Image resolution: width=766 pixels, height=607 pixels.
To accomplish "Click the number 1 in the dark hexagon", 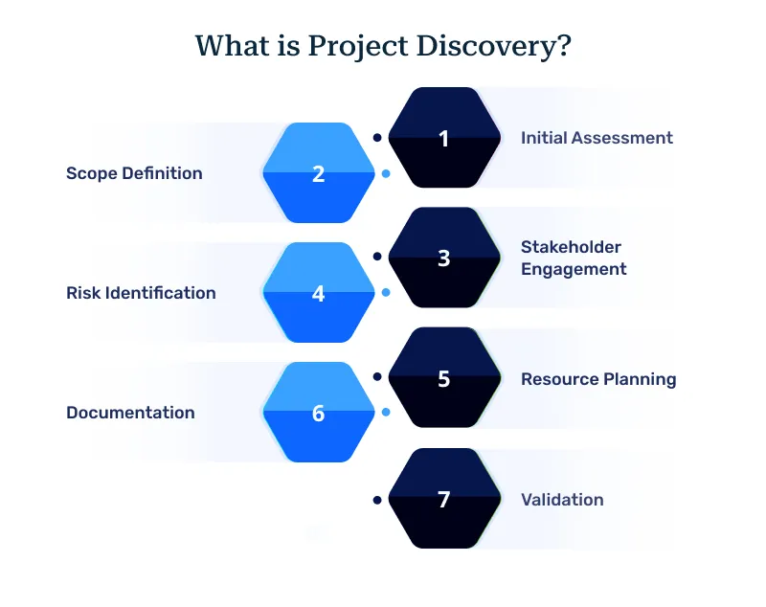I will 443,139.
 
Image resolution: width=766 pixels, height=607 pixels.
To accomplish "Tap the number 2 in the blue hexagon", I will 319,174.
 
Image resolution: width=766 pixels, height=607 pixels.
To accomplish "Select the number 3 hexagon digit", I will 443,259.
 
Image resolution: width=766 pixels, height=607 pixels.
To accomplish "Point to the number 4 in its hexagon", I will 319,294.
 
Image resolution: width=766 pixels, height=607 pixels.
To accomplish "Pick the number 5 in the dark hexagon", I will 443,379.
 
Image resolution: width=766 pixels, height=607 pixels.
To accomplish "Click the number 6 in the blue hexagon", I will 319,414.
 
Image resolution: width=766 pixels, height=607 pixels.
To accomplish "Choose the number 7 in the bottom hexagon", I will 443,500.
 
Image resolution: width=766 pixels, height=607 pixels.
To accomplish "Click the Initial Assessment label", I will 597,138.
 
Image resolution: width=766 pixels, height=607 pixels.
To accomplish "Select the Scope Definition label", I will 134,173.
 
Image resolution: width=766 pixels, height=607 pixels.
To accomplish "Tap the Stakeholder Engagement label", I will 574,259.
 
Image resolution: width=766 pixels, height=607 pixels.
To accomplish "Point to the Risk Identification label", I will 141,293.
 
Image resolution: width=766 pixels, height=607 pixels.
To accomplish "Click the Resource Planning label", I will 598,379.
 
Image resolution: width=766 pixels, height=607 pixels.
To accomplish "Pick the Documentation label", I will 130,413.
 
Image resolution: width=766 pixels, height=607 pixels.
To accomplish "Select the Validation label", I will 562,499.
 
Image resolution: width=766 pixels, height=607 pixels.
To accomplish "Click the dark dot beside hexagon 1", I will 377,137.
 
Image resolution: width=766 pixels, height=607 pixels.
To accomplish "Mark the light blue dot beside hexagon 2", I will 385,174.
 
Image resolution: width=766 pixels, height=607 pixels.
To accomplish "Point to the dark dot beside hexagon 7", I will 377,500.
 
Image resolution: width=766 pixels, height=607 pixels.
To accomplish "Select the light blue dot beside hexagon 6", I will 385,413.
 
